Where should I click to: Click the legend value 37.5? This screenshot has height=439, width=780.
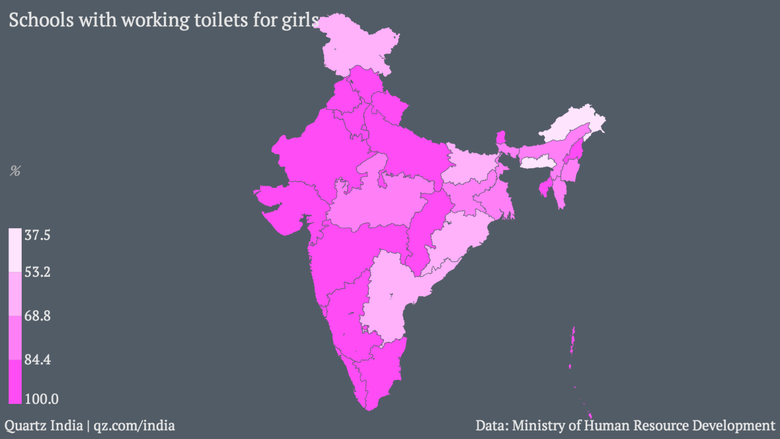[x=37, y=236]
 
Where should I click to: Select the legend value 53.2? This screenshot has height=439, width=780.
[x=37, y=272]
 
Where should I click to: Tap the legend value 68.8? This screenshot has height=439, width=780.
[x=37, y=316]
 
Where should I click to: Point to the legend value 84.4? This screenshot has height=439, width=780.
[x=37, y=360]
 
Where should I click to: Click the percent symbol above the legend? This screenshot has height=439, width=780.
[x=15, y=172]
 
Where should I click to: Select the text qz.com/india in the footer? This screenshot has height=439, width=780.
[x=134, y=426]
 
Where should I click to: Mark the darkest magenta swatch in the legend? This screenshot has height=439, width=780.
[x=15, y=381]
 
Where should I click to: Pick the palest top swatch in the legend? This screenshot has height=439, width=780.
[x=15, y=249]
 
